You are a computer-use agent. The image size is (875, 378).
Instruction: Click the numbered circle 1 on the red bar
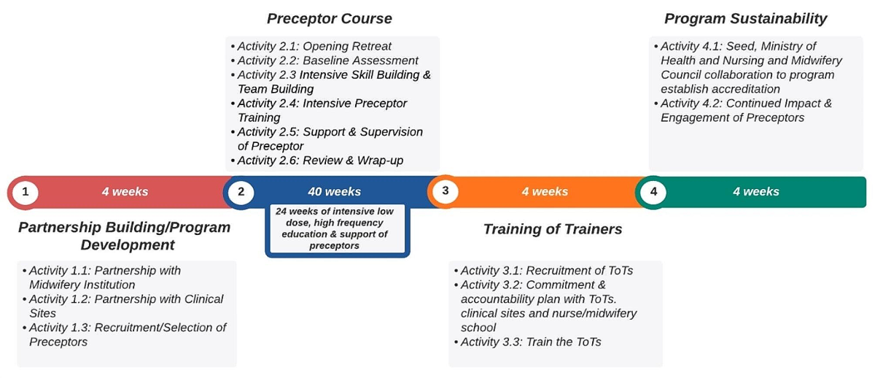tap(26, 193)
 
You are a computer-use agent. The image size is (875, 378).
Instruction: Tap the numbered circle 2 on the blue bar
tap(241, 192)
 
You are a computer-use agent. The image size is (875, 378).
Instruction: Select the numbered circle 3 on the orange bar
tap(446, 191)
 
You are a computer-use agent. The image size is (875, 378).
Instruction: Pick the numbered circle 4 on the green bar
tap(653, 192)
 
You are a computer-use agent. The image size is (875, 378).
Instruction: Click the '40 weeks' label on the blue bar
tap(335, 191)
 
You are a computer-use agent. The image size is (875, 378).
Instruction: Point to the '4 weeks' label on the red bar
tap(125, 191)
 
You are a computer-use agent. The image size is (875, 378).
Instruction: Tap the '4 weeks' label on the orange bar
tap(545, 191)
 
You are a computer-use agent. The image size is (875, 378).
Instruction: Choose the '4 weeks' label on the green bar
tap(756, 191)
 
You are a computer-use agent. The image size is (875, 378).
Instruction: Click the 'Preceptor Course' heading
tap(330, 19)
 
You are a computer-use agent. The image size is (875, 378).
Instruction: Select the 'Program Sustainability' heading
tap(746, 19)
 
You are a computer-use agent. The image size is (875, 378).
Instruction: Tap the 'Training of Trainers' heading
tap(553, 229)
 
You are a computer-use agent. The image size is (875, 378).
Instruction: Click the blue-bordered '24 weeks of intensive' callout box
tap(338, 231)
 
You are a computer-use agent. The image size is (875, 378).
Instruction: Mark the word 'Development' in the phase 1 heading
tap(128, 245)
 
